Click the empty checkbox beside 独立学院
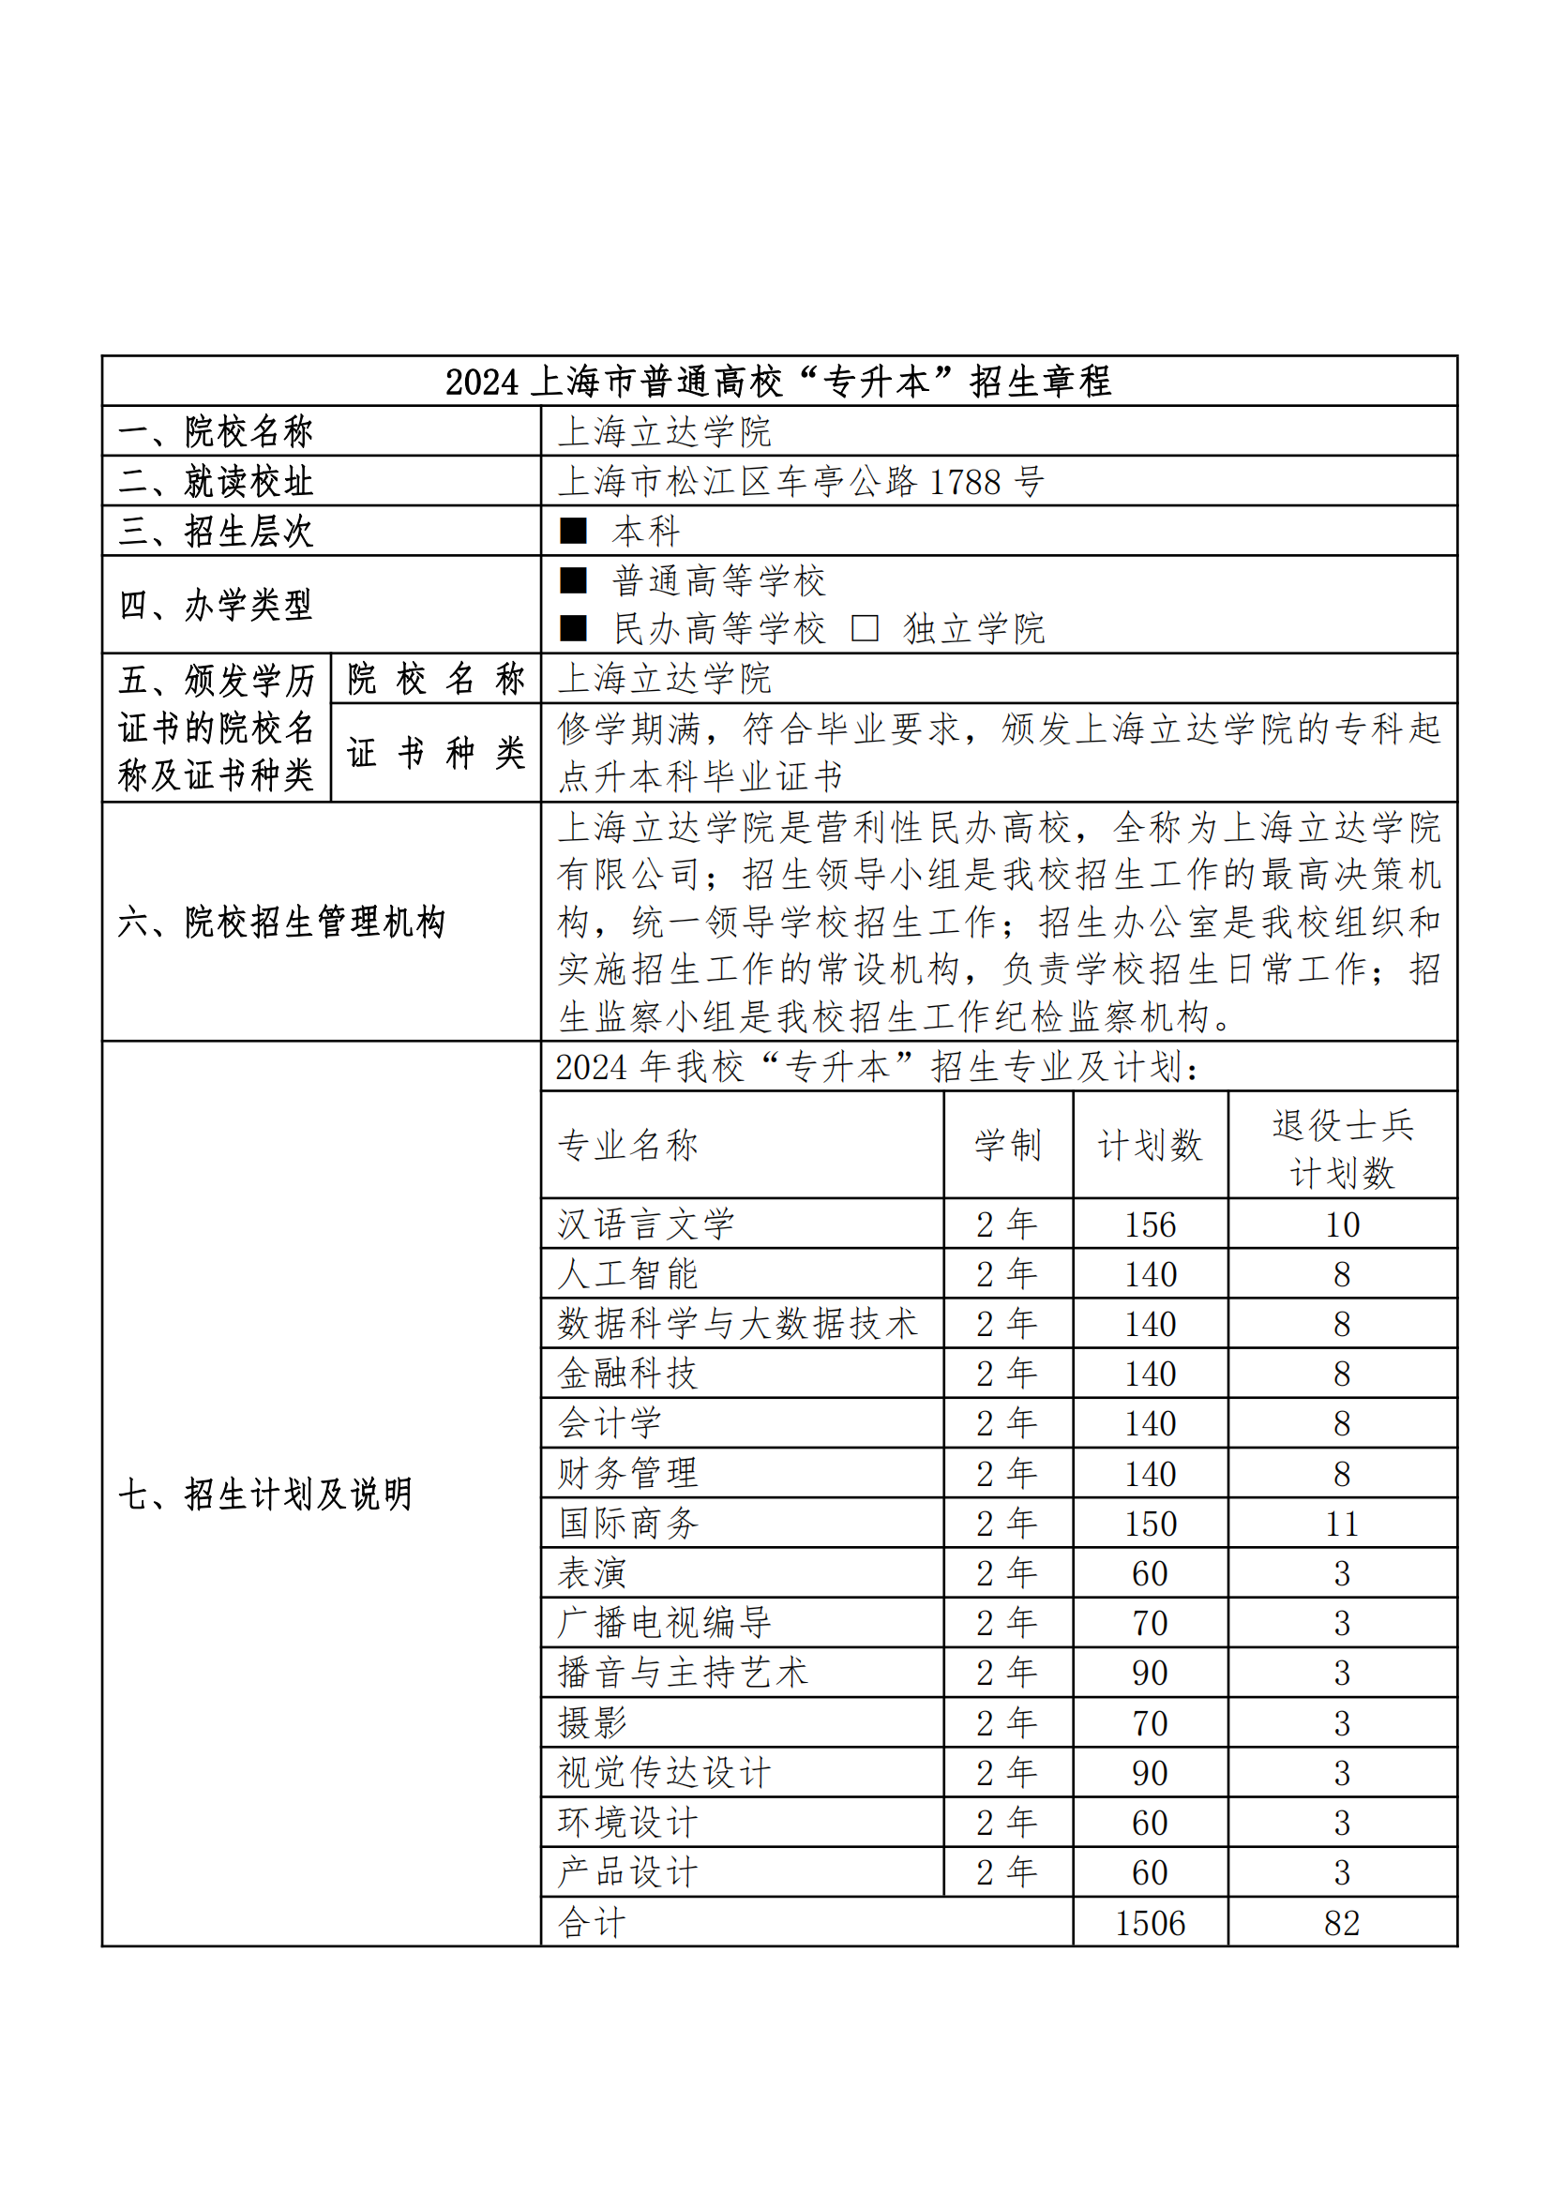pyautogui.click(x=865, y=628)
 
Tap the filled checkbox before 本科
pyautogui.click(x=573, y=531)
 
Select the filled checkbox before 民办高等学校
pyautogui.click(x=573, y=628)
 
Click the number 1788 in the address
pyautogui.click(x=965, y=482)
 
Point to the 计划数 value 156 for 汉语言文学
pyautogui.click(x=1150, y=1225)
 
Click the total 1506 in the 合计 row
pyautogui.click(x=1150, y=1923)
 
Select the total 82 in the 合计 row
pyautogui.click(x=1342, y=1923)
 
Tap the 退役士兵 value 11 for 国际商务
pyautogui.click(x=1342, y=1525)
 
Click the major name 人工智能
pyautogui.click(x=628, y=1275)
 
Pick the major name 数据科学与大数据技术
pyautogui.click(x=737, y=1325)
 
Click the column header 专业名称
pyautogui.click(x=628, y=1145)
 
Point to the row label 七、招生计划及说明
pyautogui.click(x=265, y=1495)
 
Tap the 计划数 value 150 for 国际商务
pyautogui.click(x=1150, y=1525)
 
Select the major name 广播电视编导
pyautogui.click(x=665, y=1624)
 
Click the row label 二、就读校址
pyautogui.click(x=216, y=482)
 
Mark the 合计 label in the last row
pyautogui.click(x=592, y=1923)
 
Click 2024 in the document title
pyautogui.click(x=482, y=382)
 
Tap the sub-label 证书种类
pyautogui.click(x=435, y=754)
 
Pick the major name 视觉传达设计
pyautogui.click(x=665, y=1774)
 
